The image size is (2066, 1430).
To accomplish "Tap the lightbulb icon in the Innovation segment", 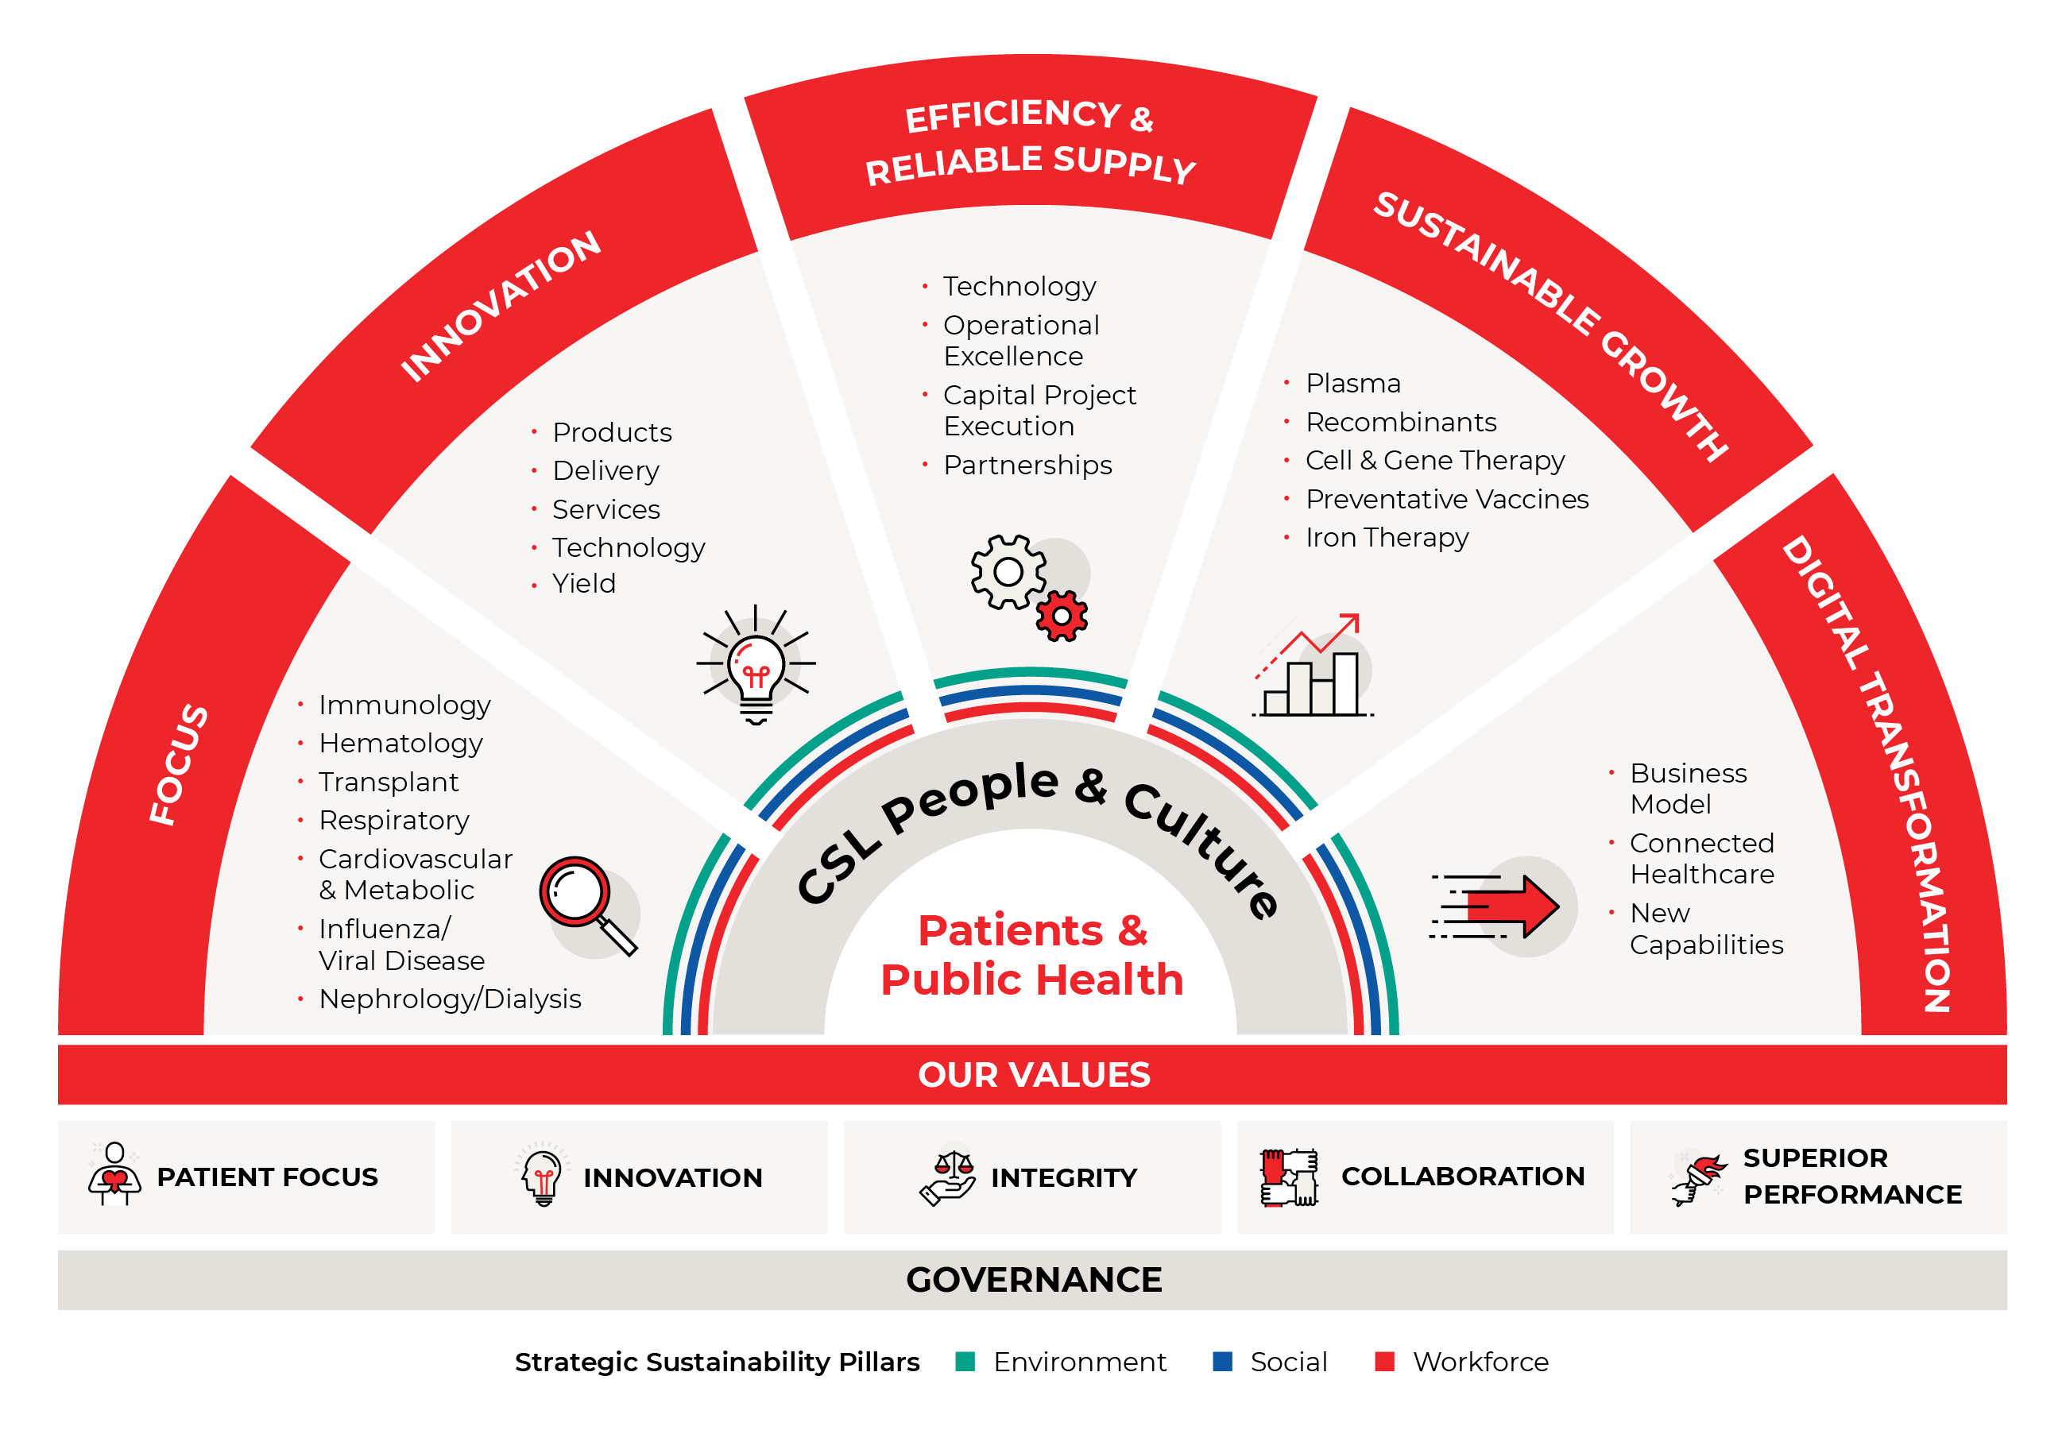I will point(755,665).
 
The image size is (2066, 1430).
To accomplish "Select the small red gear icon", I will point(1061,616).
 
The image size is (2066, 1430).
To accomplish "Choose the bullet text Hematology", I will point(400,743).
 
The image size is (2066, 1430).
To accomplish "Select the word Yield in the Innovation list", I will point(583,583).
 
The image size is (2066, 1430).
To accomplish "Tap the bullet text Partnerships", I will point(1027,465).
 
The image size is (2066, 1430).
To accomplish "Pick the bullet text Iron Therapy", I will point(1386,538).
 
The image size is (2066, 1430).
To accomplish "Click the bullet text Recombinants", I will point(1400,422).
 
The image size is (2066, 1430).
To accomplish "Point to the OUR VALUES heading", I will point(1033,1074).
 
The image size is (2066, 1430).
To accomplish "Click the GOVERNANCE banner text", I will point(1033,1280).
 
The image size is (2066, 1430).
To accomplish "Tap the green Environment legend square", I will point(965,1361).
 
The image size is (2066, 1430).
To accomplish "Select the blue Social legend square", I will point(1222,1361).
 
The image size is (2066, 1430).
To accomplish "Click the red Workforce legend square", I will point(1384,1361).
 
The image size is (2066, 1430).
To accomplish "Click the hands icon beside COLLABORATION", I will point(1288,1177).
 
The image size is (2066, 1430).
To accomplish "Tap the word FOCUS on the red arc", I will point(178,764).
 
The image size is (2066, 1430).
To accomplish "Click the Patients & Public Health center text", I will point(1032,955).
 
